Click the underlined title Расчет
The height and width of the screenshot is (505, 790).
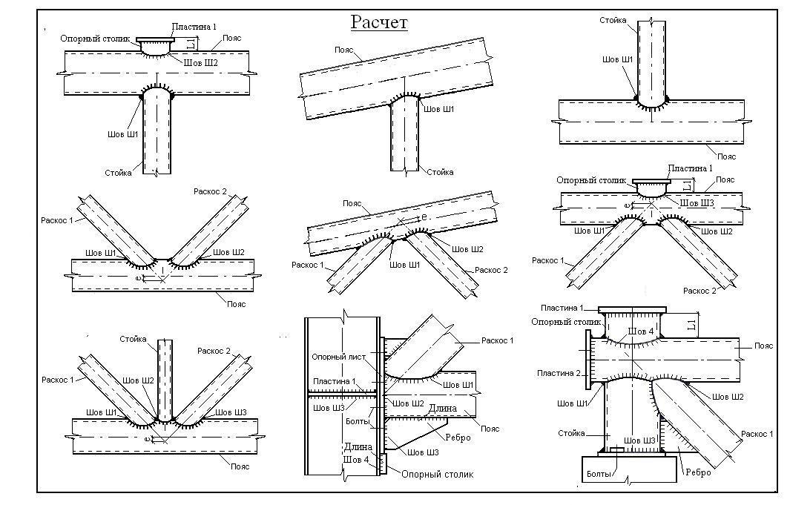(x=379, y=23)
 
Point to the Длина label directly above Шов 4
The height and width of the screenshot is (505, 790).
(x=357, y=447)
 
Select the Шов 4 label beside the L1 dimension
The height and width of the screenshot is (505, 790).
(x=640, y=331)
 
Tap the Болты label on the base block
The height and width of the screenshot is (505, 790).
(x=600, y=473)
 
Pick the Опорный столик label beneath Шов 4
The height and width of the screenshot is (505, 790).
(x=436, y=474)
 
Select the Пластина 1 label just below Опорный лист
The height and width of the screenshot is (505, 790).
(x=334, y=381)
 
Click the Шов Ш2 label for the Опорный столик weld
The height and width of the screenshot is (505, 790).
(x=201, y=63)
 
